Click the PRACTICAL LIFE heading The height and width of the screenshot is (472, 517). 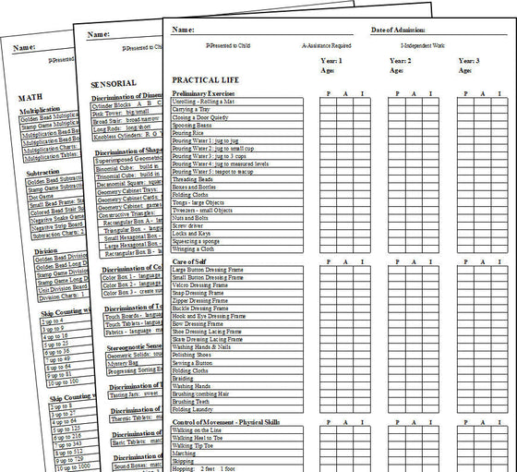click(205, 80)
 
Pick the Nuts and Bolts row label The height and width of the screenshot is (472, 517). click(189, 217)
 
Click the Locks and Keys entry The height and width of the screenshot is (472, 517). click(190, 233)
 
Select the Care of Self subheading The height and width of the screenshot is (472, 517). click(190, 262)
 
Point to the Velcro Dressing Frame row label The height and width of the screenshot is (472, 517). click(202, 285)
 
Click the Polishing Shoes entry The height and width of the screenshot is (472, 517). click(191, 355)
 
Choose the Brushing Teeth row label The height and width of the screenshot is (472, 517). click(190, 401)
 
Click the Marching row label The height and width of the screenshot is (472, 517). click(184, 454)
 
